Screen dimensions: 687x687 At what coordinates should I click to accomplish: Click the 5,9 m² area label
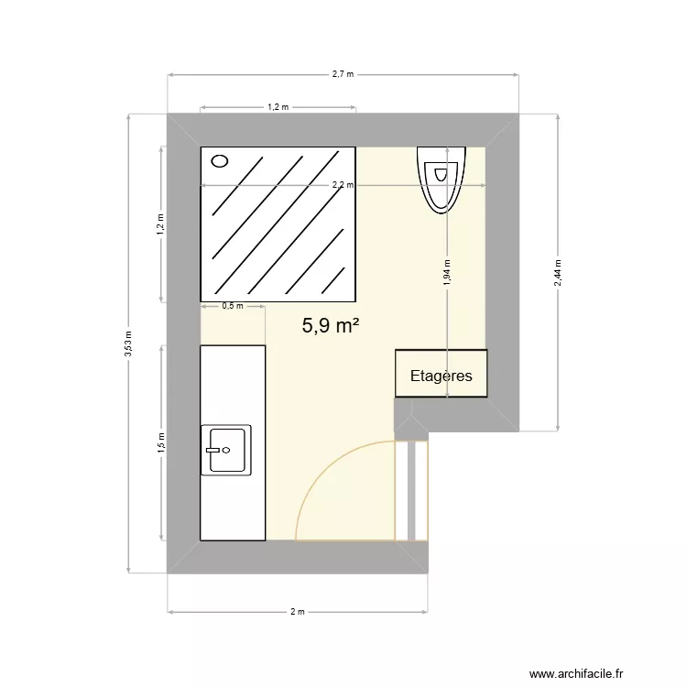(x=331, y=325)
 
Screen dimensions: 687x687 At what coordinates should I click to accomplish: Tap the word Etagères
(x=442, y=376)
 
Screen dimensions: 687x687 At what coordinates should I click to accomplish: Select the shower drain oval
(x=220, y=162)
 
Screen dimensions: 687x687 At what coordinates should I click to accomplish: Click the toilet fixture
(x=442, y=178)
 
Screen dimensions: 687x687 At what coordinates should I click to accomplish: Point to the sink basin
(x=226, y=449)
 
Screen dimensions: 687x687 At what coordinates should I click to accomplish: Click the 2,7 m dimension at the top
(x=343, y=74)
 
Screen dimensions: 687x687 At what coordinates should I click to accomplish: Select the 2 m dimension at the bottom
(x=297, y=611)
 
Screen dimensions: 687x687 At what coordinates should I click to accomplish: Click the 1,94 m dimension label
(x=446, y=272)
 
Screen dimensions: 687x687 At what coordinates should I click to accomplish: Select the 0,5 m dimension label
(x=233, y=307)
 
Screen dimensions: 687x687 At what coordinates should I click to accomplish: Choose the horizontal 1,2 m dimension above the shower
(x=278, y=107)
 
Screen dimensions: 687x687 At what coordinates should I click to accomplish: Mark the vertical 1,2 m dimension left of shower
(x=161, y=224)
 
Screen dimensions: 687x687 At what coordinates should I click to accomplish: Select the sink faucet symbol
(x=214, y=450)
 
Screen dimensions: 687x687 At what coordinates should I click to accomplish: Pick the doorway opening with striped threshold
(x=411, y=491)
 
